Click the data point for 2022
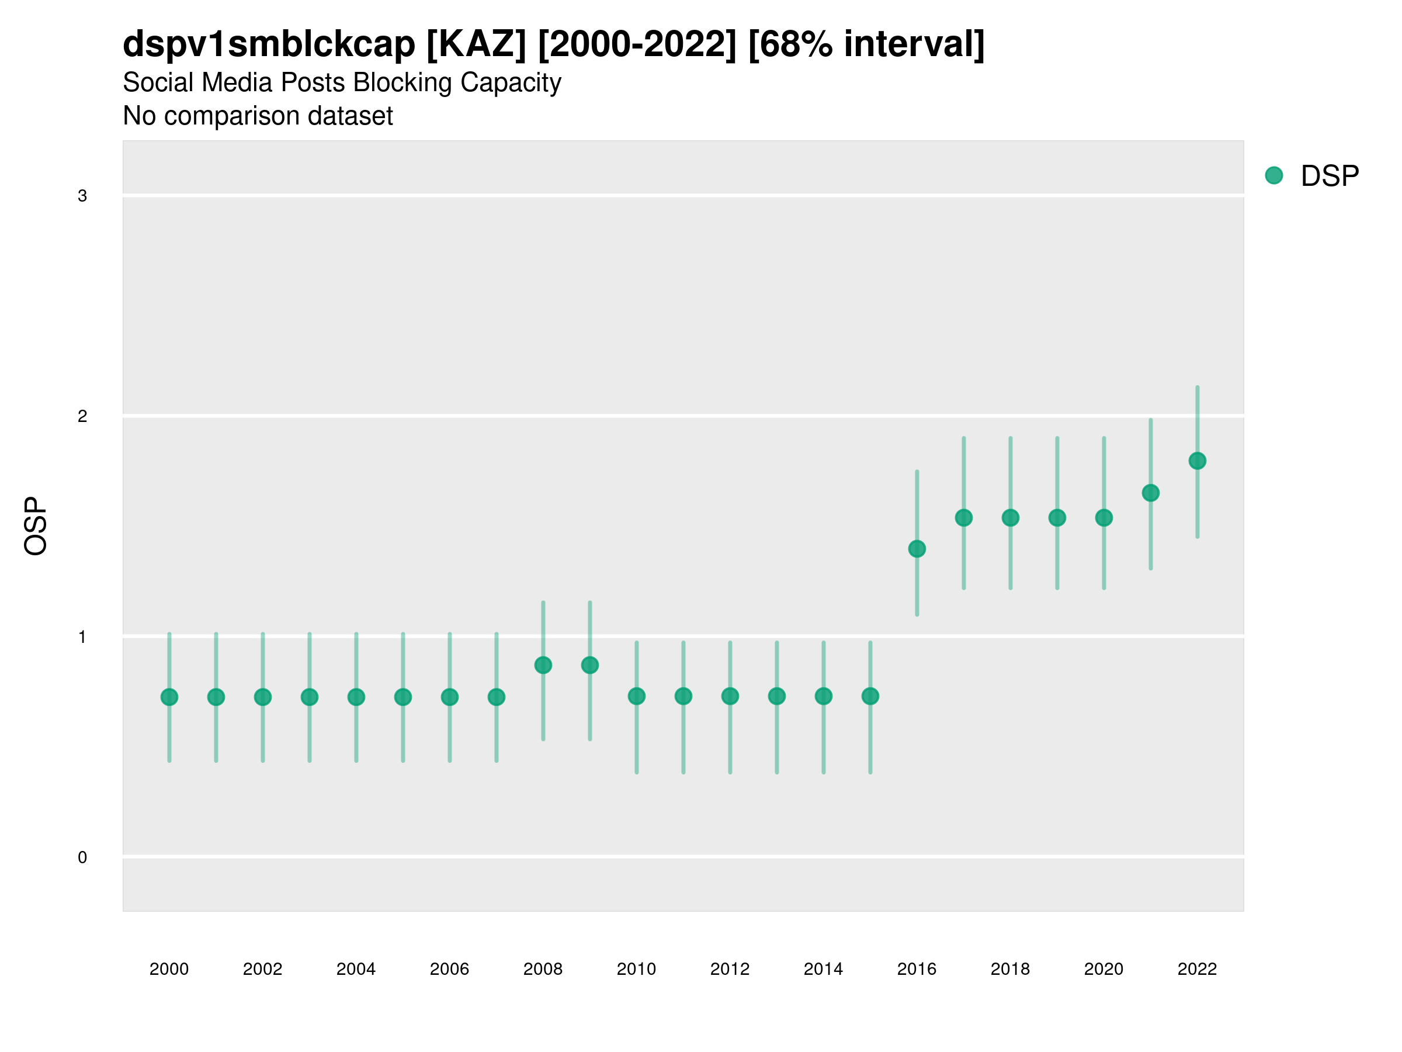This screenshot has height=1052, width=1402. [1198, 461]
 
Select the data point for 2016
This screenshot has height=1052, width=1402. [917, 549]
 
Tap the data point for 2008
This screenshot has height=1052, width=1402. [543, 665]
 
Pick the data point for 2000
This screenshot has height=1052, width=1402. [169, 697]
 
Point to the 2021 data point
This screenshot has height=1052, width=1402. [1150, 493]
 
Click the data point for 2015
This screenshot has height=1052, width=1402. [870, 696]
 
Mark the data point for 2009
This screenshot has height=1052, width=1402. [590, 665]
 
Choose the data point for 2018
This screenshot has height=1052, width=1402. [1010, 518]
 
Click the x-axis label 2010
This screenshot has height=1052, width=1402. [636, 969]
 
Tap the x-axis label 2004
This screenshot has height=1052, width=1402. [356, 969]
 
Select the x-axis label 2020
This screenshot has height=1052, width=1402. [1103, 969]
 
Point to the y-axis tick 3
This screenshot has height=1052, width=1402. [82, 196]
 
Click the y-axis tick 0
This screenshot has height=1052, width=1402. [82, 857]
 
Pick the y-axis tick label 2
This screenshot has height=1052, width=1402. [82, 417]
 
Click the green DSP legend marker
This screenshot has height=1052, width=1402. [1274, 176]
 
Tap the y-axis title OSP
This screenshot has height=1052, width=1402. [36, 527]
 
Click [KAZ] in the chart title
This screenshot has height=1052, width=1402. [477, 44]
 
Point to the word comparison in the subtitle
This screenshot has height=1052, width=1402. [247, 116]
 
